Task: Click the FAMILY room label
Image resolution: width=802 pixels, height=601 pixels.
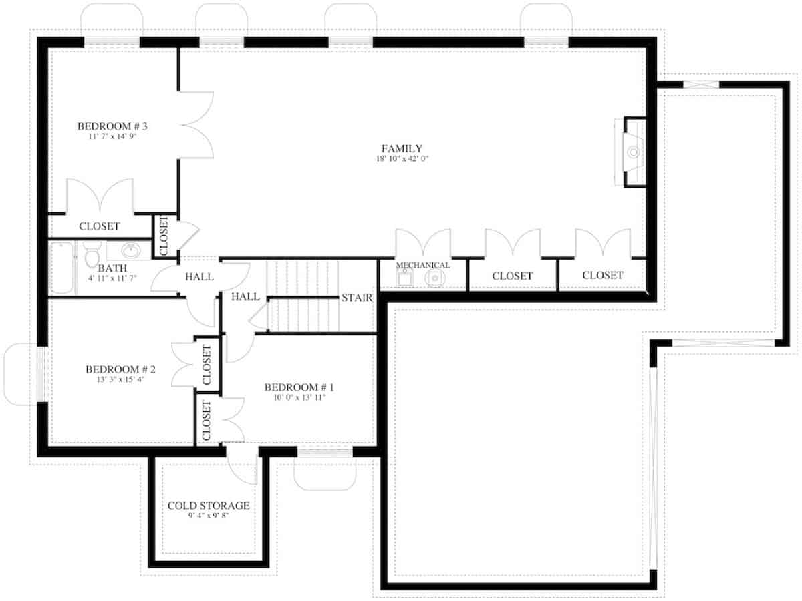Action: pyautogui.click(x=402, y=148)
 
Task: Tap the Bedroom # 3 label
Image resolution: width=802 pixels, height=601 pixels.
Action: pyautogui.click(x=112, y=126)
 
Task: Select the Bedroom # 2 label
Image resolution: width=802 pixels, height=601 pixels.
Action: pyautogui.click(x=120, y=369)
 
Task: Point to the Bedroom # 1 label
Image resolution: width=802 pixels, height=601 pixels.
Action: pyautogui.click(x=299, y=387)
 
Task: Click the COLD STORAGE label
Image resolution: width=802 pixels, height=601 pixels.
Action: pyautogui.click(x=209, y=506)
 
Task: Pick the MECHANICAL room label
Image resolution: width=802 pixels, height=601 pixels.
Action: pyautogui.click(x=423, y=265)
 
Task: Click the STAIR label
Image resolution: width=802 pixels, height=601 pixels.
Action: pyautogui.click(x=357, y=298)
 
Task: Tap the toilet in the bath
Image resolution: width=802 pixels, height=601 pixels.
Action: pyautogui.click(x=92, y=254)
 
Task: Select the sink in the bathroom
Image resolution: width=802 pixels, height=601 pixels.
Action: pyautogui.click(x=131, y=250)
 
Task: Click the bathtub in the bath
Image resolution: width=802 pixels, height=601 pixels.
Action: pyautogui.click(x=61, y=268)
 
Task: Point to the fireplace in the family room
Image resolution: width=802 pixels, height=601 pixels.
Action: pyautogui.click(x=630, y=152)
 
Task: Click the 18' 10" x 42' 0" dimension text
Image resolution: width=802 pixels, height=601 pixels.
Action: pyautogui.click(x=402, y=158)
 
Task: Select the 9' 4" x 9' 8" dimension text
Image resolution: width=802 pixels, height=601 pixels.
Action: pyautogui.click(x=209, y=516)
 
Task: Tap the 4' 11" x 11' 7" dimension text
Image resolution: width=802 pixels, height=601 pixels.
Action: pyautogui.click(x=112, y=278)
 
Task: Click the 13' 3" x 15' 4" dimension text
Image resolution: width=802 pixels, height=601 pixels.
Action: pyautogui.click(x=120, y=379)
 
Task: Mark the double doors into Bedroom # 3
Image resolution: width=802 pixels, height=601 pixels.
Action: pyautogui.click(x=196, y=124)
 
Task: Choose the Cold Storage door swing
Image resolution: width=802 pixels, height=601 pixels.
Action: pyautogui.click(x=242, y=465)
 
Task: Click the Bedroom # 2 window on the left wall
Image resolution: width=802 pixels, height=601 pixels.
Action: pyautogui.click(x=41, y=374)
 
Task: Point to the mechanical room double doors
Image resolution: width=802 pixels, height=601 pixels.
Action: pyautogui.click(x=423, y=242)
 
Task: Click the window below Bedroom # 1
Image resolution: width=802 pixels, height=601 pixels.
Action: pyautogui.click(x=325, y=453)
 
